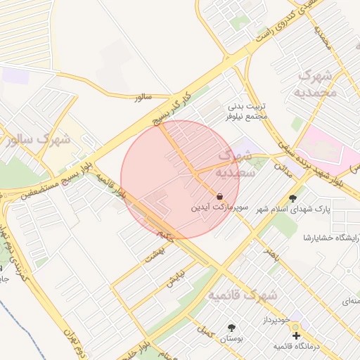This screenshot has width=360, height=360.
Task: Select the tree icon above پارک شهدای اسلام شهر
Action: click(293, 198)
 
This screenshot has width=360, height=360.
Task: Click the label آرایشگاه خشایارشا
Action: click(330, 238)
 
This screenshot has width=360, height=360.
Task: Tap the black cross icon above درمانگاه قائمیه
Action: click(296, 335)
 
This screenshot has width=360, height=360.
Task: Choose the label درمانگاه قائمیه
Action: click(298, 347)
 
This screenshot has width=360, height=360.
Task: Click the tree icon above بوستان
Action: click(231, 328)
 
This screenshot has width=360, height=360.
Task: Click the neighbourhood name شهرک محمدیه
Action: click(320, 84)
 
